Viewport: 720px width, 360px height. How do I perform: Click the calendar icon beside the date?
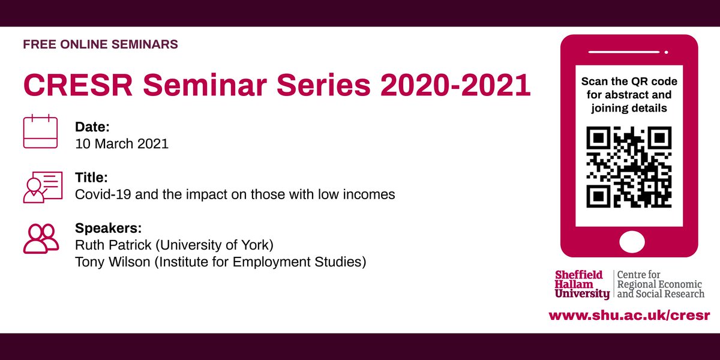[x=40, y=132]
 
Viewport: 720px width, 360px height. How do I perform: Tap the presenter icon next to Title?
[x=43, y=187]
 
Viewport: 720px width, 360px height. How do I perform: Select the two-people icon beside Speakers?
[x=41, y=238]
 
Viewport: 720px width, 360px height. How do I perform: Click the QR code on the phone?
[x=629, y=167]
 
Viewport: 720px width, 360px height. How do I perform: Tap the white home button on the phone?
[x=629, y=242]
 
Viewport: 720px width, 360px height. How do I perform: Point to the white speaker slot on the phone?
[x=629, y=52]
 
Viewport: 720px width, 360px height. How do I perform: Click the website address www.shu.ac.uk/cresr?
[x=629, y=315]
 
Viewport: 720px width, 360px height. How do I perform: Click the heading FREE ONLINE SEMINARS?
[x=100, y=44]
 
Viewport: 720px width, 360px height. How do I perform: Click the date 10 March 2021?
[x=122, y=144]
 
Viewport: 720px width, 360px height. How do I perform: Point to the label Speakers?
[x=109, y=229]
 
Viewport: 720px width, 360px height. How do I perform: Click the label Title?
[x=91, y=178]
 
